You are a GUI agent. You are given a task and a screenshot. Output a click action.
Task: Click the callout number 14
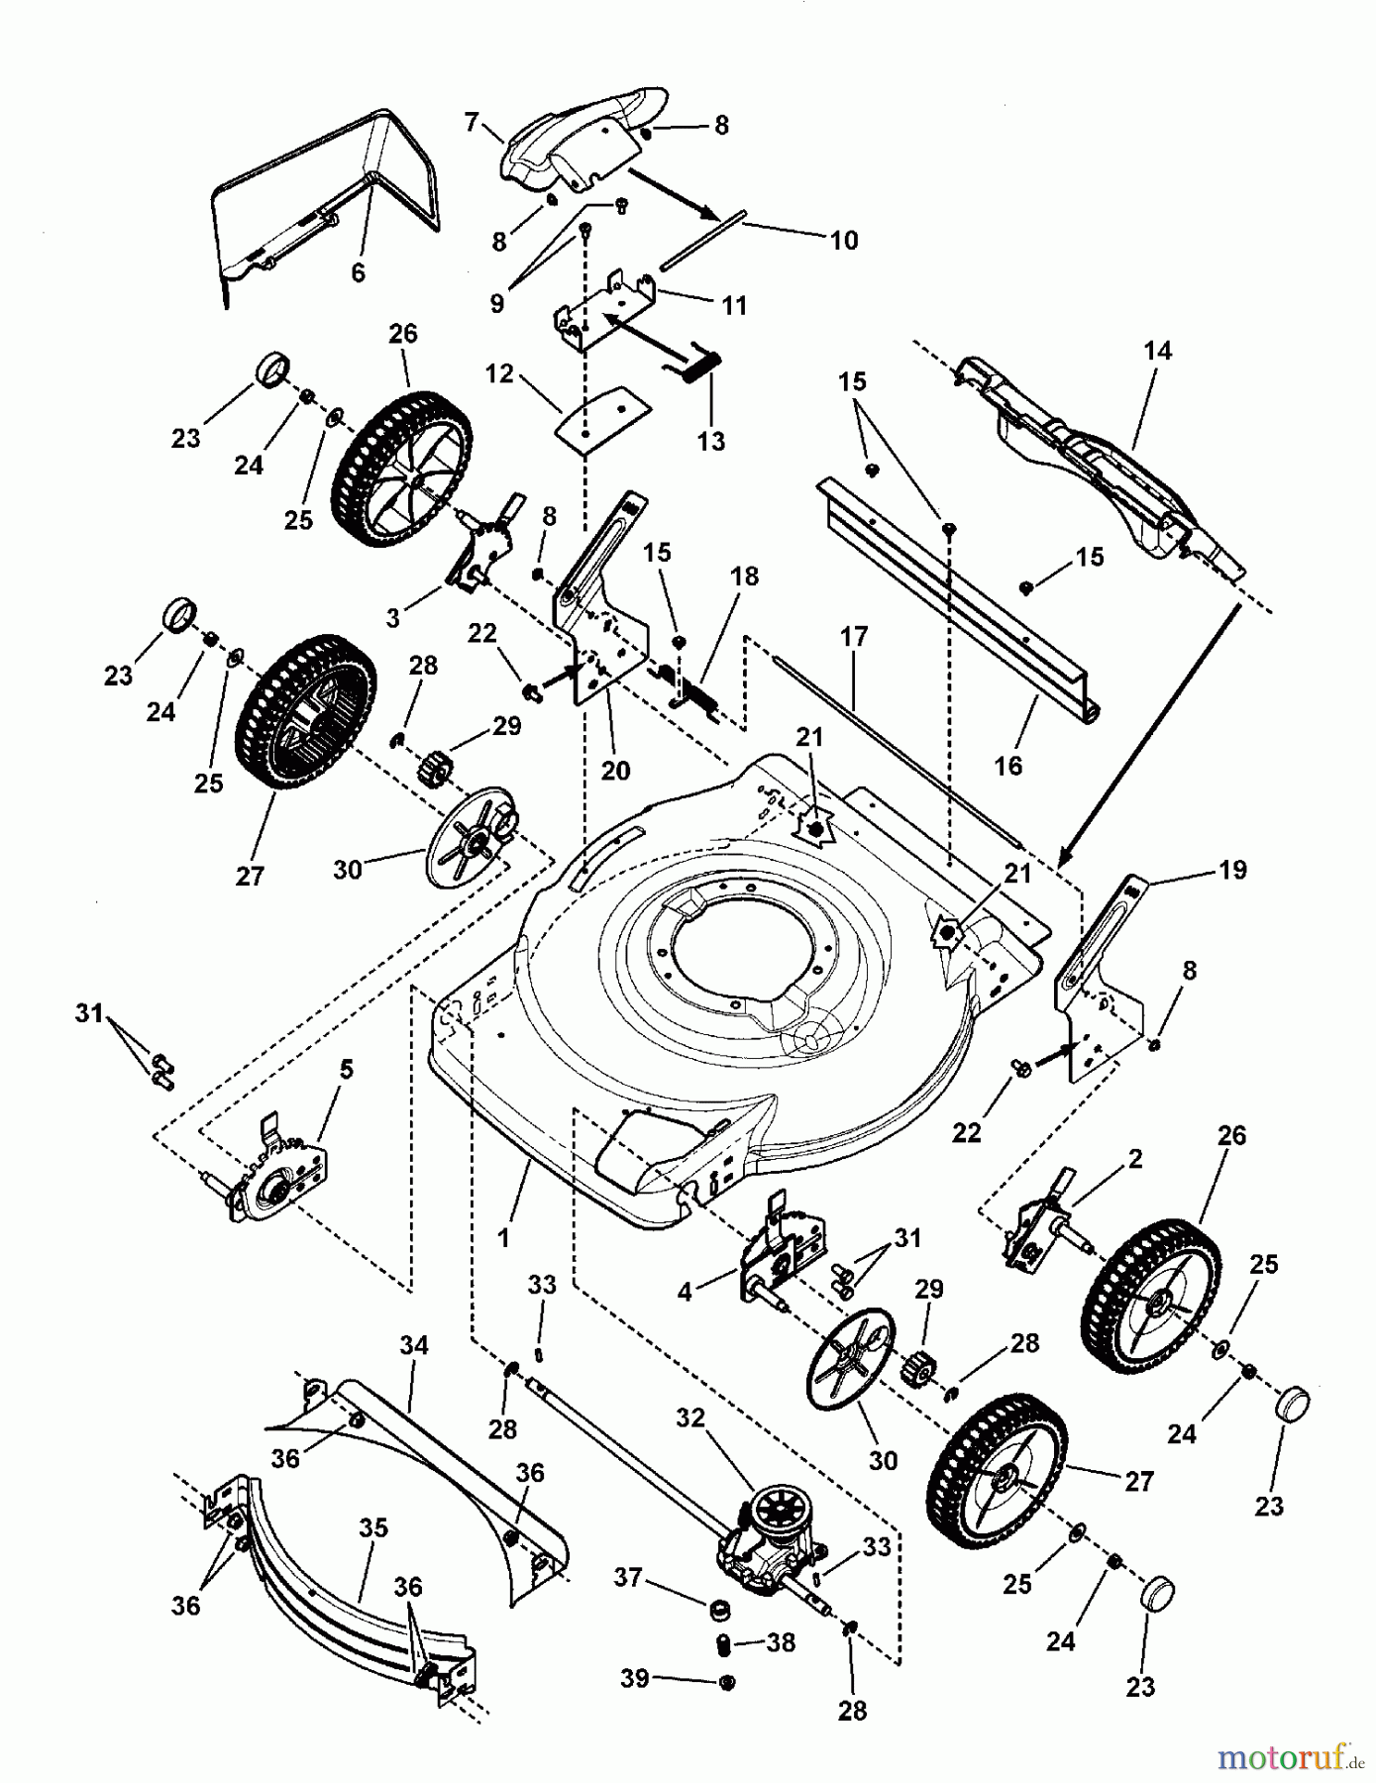tap(1156, 351)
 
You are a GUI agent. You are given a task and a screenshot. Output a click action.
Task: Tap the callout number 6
tap(358, 271)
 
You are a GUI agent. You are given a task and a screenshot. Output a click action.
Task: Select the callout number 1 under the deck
tap(503, 1236)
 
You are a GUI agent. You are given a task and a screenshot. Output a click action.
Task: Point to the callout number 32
tap(689, 1417)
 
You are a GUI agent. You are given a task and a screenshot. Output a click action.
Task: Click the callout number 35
tap(372, 1527)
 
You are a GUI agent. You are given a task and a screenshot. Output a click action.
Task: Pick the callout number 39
tap(635, 1678)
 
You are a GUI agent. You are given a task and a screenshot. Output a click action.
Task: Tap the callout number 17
tap(853, 636)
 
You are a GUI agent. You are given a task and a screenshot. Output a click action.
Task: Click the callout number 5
tap(345, 1070)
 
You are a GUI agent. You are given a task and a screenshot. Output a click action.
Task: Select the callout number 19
tap(1232, 870)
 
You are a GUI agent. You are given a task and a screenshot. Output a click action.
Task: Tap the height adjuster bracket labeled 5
tap(272, 1181)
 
